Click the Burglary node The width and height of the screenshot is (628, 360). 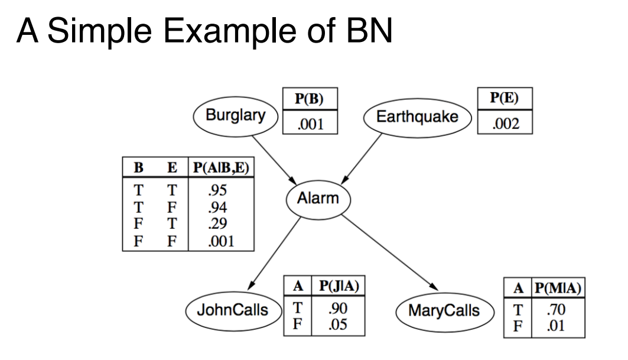[236, 116]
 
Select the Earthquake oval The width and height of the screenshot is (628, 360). [417, 118]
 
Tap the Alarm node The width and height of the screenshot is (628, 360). [318, 199]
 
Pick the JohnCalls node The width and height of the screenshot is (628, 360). [233, 311]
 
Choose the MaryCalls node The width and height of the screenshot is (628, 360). [445, 312]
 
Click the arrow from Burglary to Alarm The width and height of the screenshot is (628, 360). [274, 160]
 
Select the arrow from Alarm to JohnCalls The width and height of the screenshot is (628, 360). [274, 254]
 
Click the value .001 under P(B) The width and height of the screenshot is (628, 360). [310, 124]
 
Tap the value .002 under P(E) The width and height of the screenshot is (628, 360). [506, 124]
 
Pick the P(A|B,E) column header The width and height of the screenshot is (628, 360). [221, 167]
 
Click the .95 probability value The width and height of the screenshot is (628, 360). [217, 190]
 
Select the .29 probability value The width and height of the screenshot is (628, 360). [217, 223]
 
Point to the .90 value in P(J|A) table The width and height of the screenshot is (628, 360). [337, 309]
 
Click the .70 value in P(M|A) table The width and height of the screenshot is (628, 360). [556, 310]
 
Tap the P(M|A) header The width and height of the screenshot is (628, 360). [558, 288]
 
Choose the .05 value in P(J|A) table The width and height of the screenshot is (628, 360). [337, 325]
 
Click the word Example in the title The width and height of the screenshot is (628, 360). [230, 31]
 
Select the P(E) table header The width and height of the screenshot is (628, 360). [505, 98]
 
